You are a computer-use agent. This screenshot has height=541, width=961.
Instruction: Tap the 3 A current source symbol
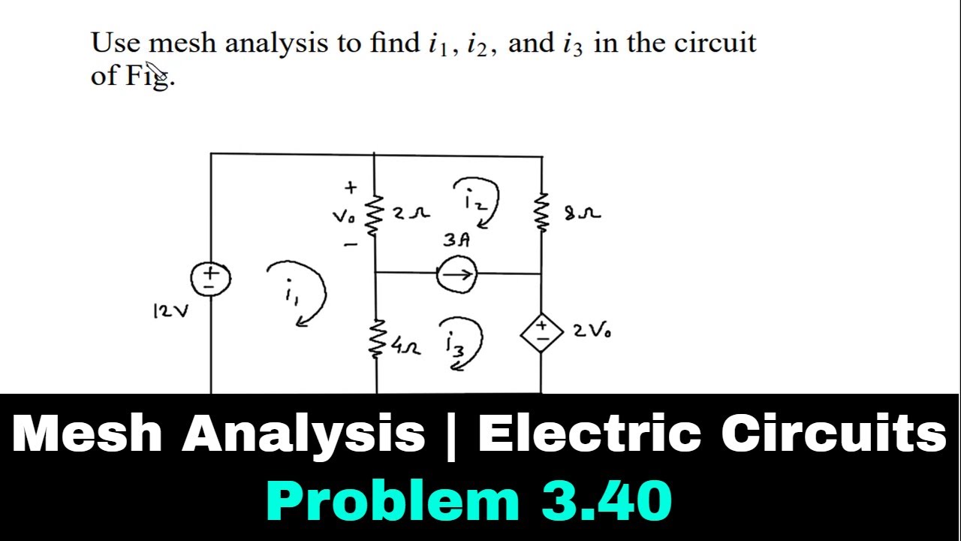tap(456, 274)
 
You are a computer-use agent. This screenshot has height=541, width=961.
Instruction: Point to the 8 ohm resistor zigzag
tap(542, 212)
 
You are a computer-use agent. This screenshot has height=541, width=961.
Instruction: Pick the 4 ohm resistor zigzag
tap(376, 338)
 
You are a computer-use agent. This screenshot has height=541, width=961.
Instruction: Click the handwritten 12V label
tap(170, 311)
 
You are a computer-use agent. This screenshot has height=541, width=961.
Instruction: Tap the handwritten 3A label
tap(456, 240)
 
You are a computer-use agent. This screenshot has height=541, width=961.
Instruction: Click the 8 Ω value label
tap(583, 213)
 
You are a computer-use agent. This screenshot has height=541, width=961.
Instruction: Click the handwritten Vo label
tap(344, 217)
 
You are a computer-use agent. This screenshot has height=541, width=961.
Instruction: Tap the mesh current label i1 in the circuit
tap(292, 292)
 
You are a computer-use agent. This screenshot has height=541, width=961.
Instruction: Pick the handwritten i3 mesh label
tap(456, 344)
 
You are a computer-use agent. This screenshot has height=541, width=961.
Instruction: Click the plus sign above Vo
tap(351, 188)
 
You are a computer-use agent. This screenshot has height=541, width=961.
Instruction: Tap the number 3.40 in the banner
tap(606, 500)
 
